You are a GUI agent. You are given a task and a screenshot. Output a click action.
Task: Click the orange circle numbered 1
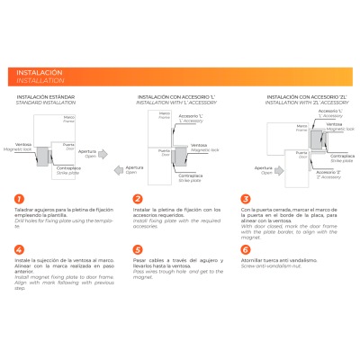pyautogui.click(x=19, y=199)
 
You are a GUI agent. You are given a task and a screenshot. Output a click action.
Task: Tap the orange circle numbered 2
pyautogui.click(x=138, y=199)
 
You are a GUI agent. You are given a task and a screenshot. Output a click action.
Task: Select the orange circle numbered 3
pyautogui.click(x=246, y=199)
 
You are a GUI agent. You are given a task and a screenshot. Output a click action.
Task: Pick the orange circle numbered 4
pyautogui.click(x=19, y=249)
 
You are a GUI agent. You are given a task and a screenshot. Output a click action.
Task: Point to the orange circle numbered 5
pyautogui.click(x=138, y=249)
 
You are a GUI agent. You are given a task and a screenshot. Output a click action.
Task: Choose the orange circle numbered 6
pyautogui.click(x=246, y=249)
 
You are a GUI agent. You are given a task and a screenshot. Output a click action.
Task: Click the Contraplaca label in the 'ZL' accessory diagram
pyautogui.click(x=342, y=157)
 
